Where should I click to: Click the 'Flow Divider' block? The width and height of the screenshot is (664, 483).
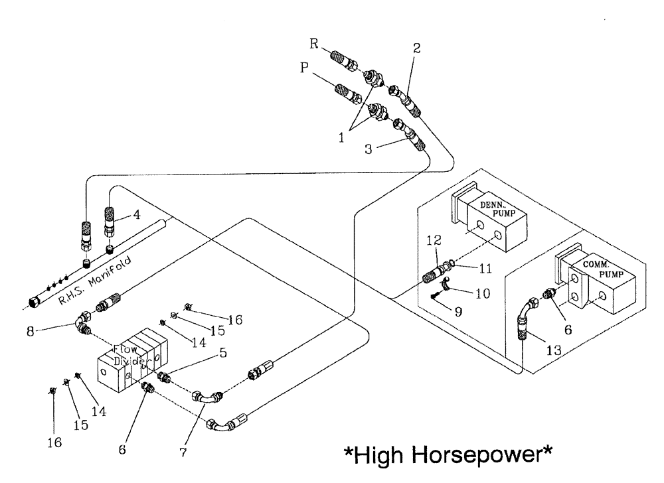pyautogui.click(x=131, y=360)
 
